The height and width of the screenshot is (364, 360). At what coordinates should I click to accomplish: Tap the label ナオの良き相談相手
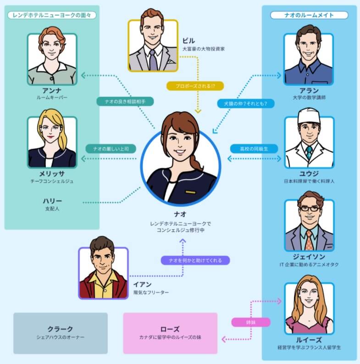tap(125, 101)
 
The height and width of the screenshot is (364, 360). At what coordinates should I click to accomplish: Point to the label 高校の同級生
tap(253, 149)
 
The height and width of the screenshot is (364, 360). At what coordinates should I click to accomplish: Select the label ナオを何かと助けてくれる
tap(195, 260)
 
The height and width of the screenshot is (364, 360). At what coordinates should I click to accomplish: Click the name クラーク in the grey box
tap(60, 329)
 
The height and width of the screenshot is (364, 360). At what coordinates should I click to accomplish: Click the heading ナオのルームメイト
tap(309, 15)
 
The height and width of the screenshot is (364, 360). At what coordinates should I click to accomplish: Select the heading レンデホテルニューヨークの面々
tap(52, 15)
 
